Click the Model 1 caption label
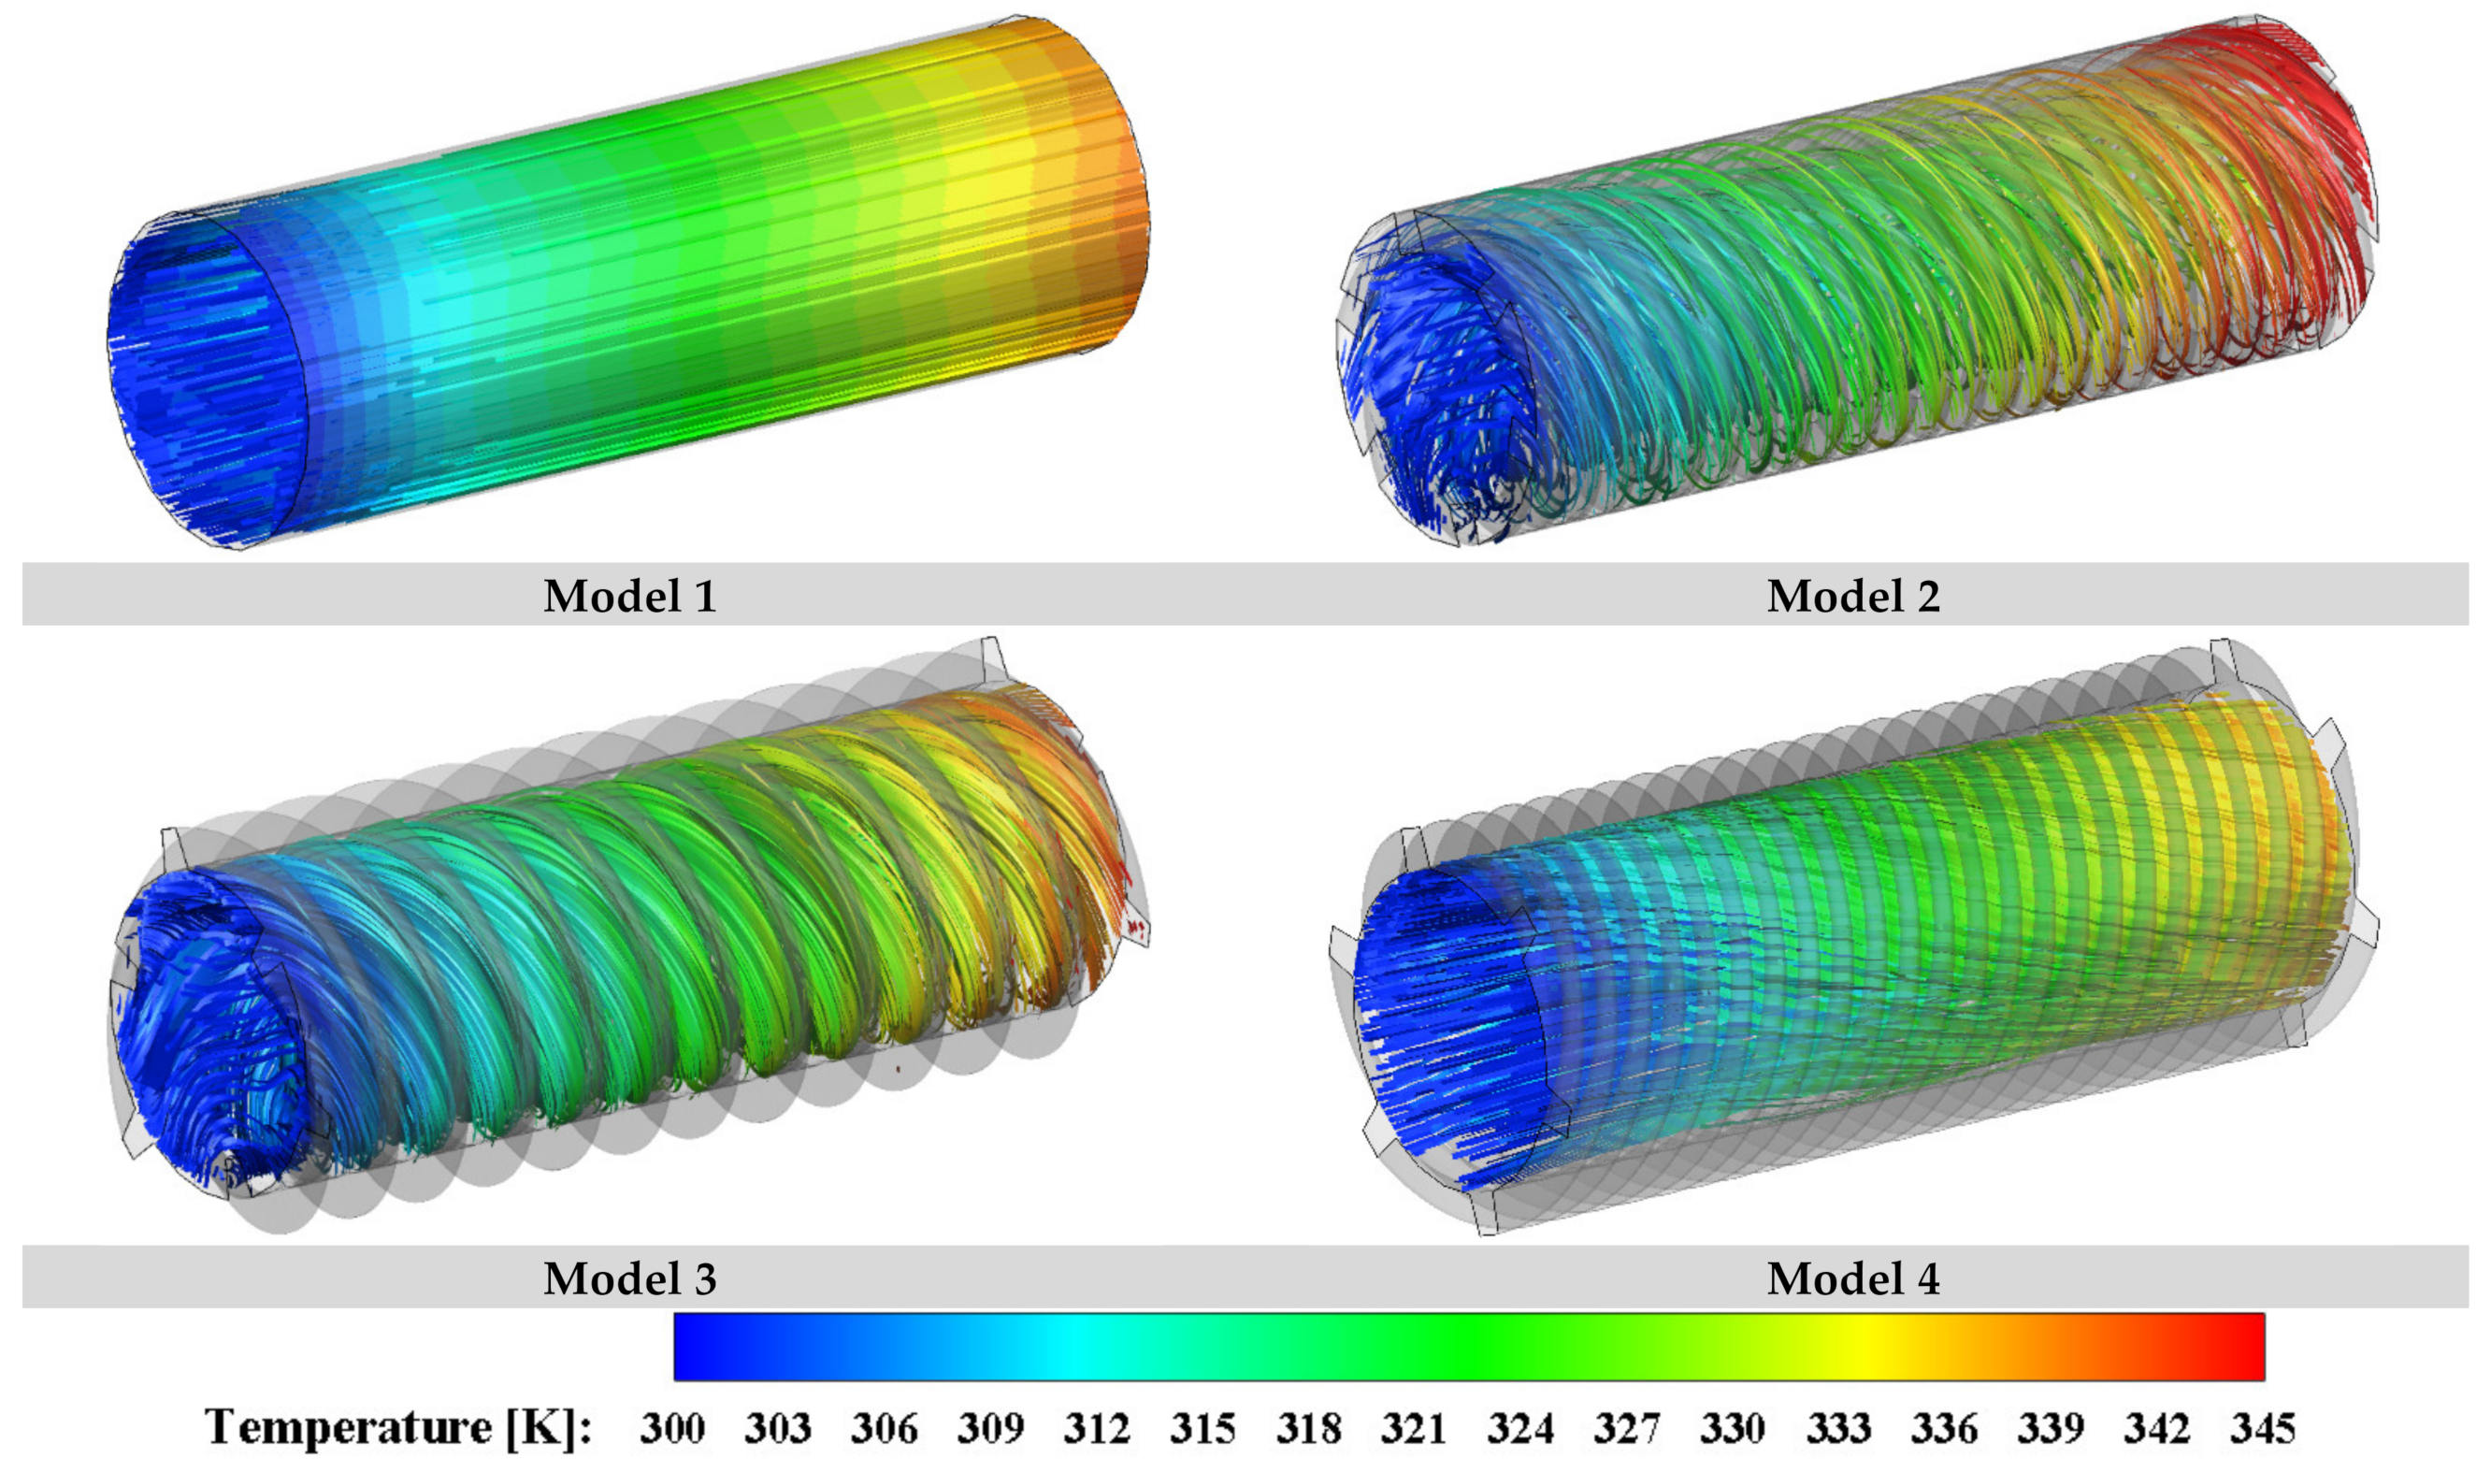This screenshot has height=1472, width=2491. (x=629, y=596)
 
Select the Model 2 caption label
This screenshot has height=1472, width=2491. (x=1853, y=596)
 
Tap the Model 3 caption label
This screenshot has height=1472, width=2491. (x=629, y=1278)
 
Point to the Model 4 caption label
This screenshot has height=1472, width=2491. (x=1853, y=1278)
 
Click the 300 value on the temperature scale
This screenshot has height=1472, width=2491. (x=672, y=1428)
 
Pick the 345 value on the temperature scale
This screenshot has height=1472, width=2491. (x=2263, y=1428)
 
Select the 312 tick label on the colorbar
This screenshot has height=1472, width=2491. (x=1097, y=1428)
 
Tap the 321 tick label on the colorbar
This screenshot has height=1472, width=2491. (x=1414, y=1428)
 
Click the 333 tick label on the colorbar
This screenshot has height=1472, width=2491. (x=1838, y=1428)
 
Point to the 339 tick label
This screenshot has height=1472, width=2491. (x=2051, y=1428)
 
